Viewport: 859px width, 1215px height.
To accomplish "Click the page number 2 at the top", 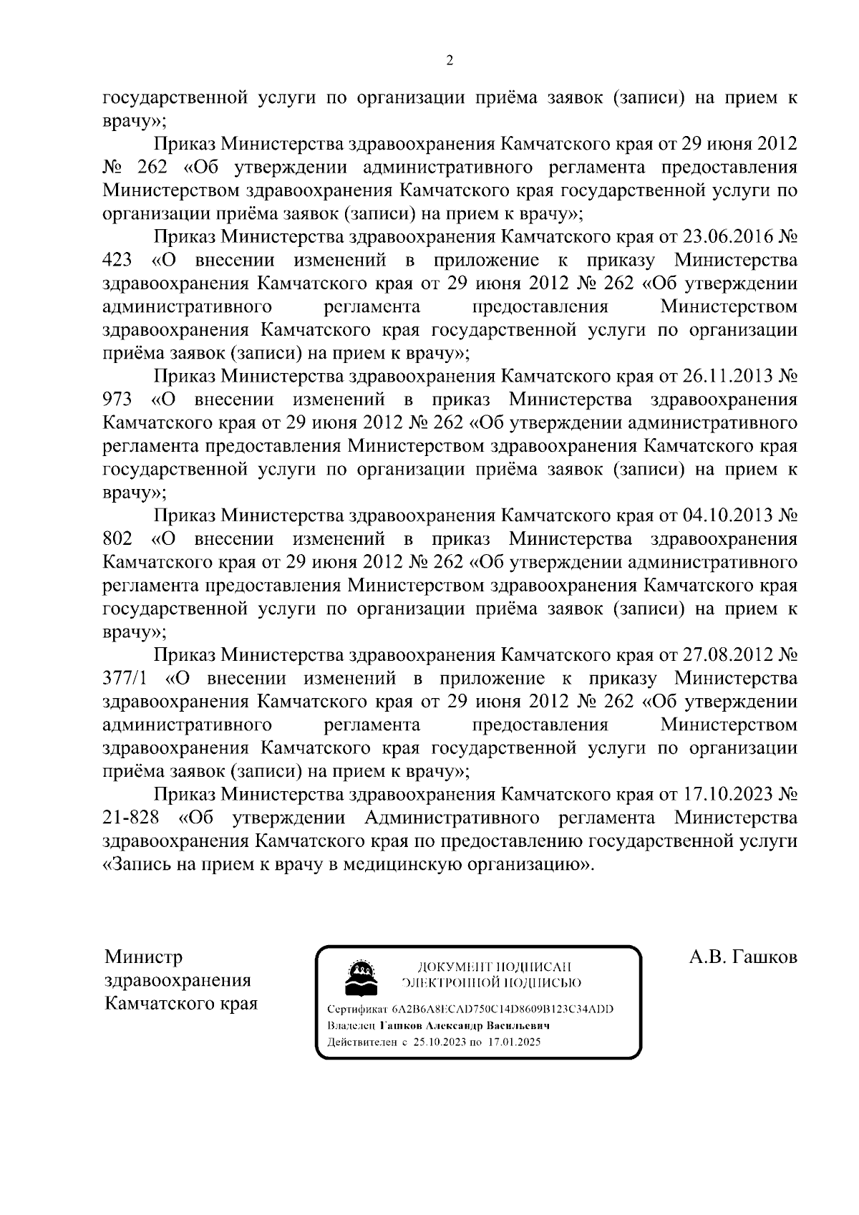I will click(449, 61).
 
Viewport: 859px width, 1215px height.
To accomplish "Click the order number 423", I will click(117, 260).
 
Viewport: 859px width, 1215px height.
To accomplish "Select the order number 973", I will click(117, 400).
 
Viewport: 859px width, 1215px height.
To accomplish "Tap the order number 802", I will click(117, 538).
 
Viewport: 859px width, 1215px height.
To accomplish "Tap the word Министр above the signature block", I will click(143, 958).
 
